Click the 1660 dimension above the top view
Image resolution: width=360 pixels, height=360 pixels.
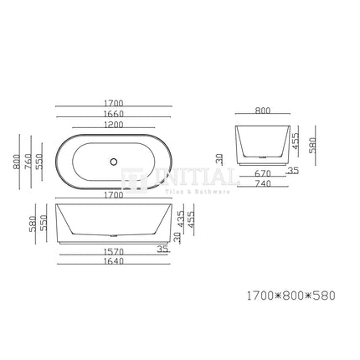pos(114,114)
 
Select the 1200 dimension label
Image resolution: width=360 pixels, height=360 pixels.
pos(114,125)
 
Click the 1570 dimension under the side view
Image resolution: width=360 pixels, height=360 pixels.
pos(114,251)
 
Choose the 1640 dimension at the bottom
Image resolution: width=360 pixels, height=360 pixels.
pos(114,261)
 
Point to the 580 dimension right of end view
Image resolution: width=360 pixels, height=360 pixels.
pos(312,145)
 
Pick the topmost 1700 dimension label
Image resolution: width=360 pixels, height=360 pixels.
pos(114,104)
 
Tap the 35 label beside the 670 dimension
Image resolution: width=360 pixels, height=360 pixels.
pos(292,170)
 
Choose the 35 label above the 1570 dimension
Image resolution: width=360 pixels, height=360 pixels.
pos(162,248)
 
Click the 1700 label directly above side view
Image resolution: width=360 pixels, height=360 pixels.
pos(114,195)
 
